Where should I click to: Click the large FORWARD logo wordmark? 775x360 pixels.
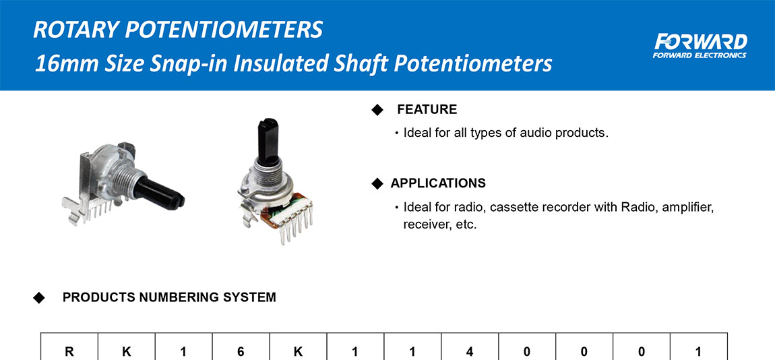coord(701,42)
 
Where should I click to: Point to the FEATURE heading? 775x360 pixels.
coord(427,110)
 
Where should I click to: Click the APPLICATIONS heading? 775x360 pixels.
coord(438,183)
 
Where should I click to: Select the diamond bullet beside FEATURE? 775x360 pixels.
coord(377,110)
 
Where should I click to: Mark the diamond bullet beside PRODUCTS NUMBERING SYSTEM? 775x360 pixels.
coord(38,298)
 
